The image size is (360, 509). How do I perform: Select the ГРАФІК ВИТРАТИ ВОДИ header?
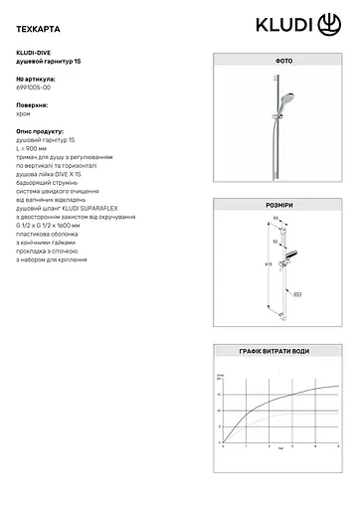[282, 352]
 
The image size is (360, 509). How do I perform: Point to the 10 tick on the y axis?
[220, 410]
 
